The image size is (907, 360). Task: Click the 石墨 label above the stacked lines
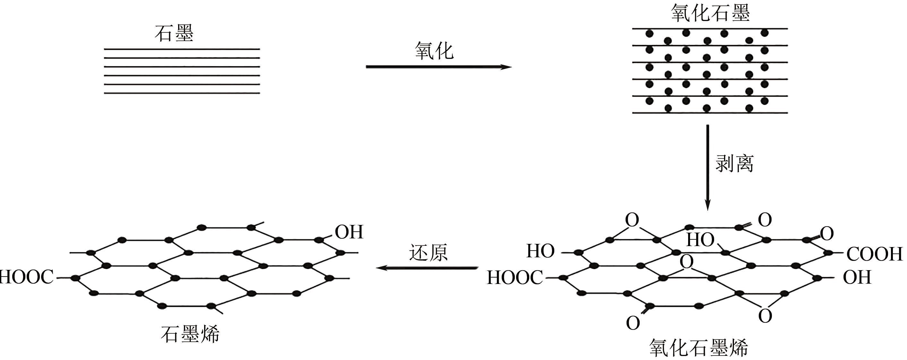[174, 34]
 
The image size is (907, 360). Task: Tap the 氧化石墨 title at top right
[710, 13]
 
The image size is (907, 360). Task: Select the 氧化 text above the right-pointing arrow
[434, 51]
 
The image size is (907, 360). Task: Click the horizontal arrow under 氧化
[438, 67]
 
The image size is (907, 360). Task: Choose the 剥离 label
[734, 164]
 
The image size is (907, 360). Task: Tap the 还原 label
[428, 253]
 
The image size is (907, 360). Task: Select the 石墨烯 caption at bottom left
[190, 334]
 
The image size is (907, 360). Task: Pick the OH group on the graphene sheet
[349, 232]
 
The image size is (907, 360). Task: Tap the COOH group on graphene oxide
[874, 254]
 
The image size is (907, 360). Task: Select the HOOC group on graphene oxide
[515, 278]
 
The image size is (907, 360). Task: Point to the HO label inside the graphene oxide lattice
[700, 240]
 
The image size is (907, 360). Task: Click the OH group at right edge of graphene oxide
[857, 277]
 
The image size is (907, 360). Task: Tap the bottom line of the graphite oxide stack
[710, 113]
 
